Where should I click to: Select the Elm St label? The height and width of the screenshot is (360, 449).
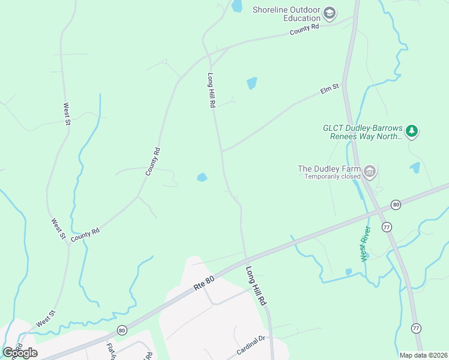click(x=330, y=89)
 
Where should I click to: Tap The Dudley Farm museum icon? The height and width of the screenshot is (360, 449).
click(x=370, y=172)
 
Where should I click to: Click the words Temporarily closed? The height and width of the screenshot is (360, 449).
click(x=332, y=176)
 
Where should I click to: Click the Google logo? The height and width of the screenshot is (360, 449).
click(x=20, y=352)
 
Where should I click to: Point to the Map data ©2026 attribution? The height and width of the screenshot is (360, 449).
click(x=423, y=355)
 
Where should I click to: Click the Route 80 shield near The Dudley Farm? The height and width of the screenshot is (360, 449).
click(x=396, y=205)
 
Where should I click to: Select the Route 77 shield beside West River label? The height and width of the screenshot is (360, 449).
click(x=386, y=227)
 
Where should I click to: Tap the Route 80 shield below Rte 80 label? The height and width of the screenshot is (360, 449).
click(x=122, y=330)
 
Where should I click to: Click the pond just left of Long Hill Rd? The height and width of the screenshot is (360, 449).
click(x=202, y=177)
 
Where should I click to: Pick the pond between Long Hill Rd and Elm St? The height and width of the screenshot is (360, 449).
click(x=252, y=83)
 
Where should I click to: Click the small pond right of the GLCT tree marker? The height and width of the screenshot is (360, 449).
click(x=415, y=167)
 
